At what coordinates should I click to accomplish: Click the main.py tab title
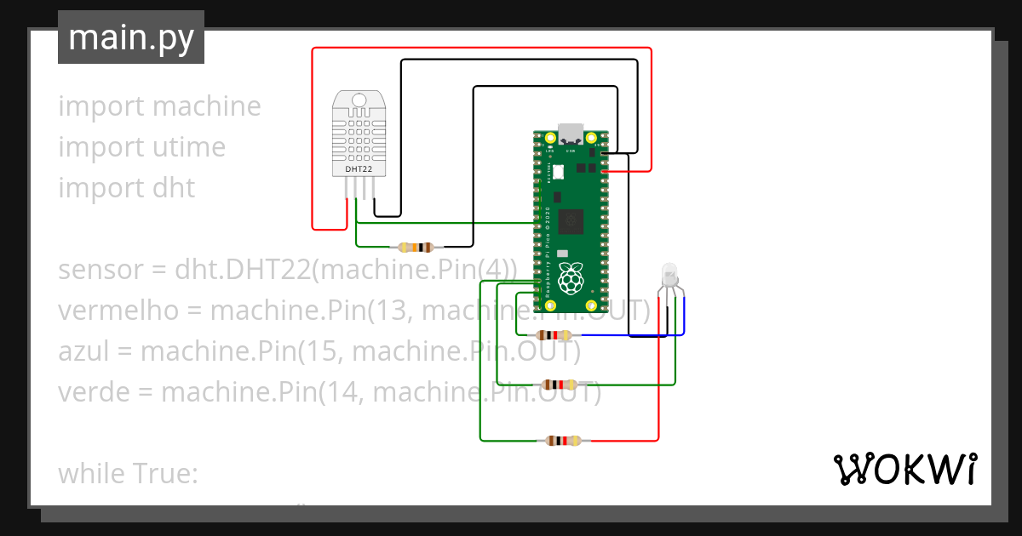tap(131, 37)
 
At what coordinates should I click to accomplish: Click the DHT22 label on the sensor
tap(359, 169)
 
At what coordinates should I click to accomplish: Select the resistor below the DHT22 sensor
tap(416, 248)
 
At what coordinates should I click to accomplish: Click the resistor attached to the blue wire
tap(553, 335)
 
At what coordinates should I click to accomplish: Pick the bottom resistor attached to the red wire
tap(563, 441)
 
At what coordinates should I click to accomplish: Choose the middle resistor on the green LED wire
tap(560, 385)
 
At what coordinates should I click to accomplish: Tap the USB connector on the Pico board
tap(571, 134)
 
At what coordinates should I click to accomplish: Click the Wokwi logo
tap(904, 470)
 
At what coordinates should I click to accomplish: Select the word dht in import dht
tap(175, 188)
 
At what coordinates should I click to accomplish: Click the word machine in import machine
tap(206, 106)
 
